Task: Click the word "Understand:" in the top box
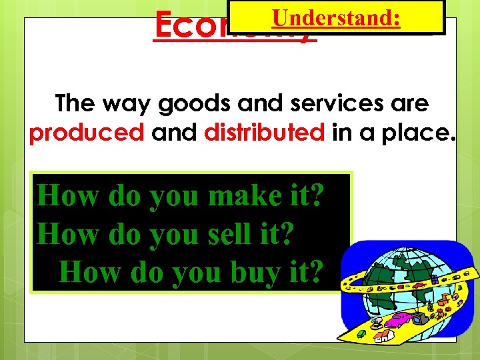pos(336,17)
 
